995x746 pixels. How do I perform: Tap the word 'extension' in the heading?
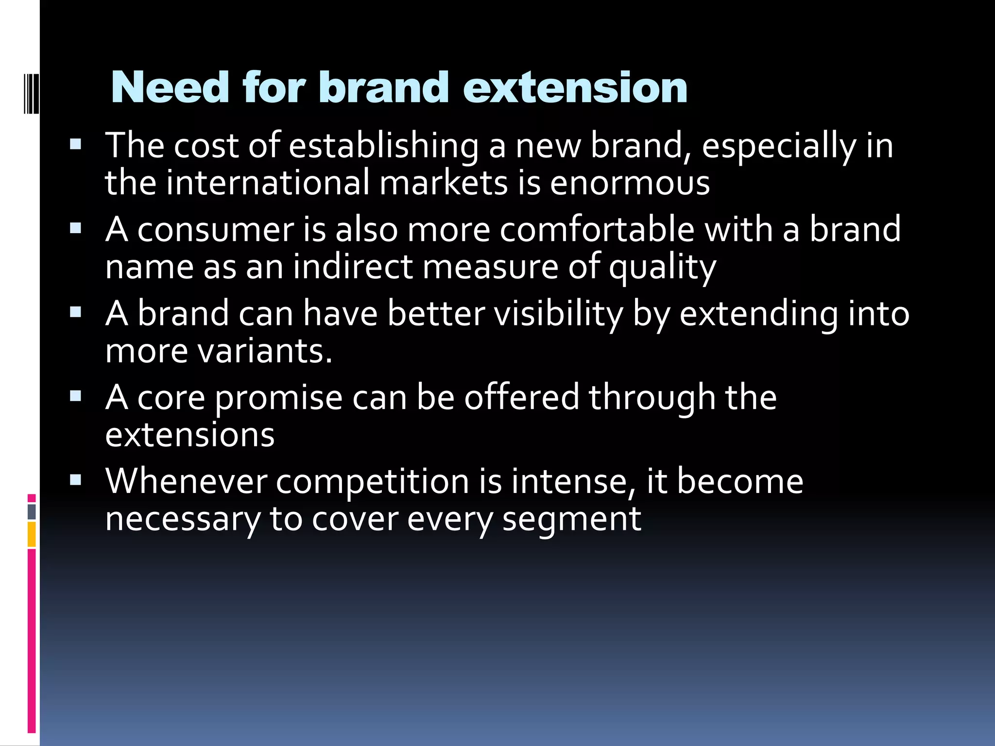tap(575, 88)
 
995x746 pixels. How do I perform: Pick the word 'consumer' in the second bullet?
tap(216, 230)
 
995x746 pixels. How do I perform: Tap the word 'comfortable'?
tap(597, 229)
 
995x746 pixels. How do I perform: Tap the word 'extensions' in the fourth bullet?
tap(190, 435)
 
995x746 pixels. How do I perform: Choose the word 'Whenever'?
tap(186, 481)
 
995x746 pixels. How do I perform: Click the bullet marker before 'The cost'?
tap(76, 145)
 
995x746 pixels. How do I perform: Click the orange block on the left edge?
tap(32, 534)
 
